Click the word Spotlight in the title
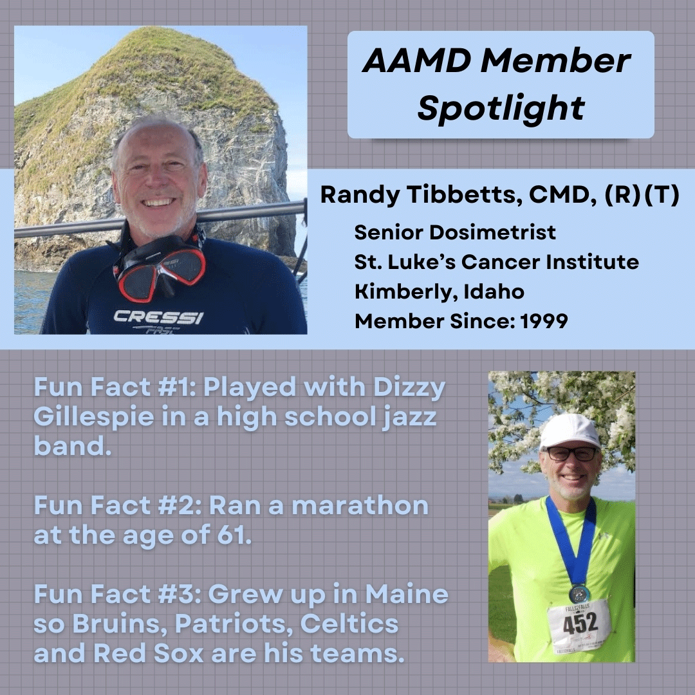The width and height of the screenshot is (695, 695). [x=501, y=108]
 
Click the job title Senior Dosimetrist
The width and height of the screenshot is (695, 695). [x=455, y=232]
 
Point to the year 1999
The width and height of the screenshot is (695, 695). [x=544, y=321]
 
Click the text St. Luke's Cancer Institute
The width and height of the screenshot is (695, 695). [x=496, y=262]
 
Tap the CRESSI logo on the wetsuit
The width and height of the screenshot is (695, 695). [x=158, y=317]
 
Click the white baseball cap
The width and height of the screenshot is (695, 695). [x=570, y=431]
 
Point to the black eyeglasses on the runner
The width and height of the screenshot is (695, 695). [x=571, y=454]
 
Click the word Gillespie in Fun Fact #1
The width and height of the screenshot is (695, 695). [x=93, y=417]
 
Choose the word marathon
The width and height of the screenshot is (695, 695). [x=360, y=506]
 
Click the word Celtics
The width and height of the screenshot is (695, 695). [x=349, y=624]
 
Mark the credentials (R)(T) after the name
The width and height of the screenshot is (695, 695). [x=642, y=194]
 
